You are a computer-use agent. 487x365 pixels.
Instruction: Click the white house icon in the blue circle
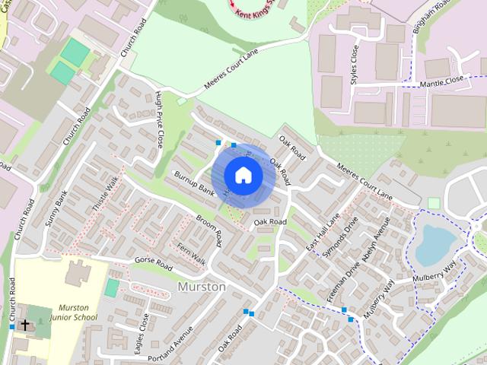pyautogui.click(x=243, y=175)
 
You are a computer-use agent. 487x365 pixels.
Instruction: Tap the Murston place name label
pyautogui.click(x=201, y=287)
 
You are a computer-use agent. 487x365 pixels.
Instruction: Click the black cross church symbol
pyautogui.click(x=25, y=325)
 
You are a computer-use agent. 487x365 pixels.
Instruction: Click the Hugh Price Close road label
pyautogui.click(x=159, y=118)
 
